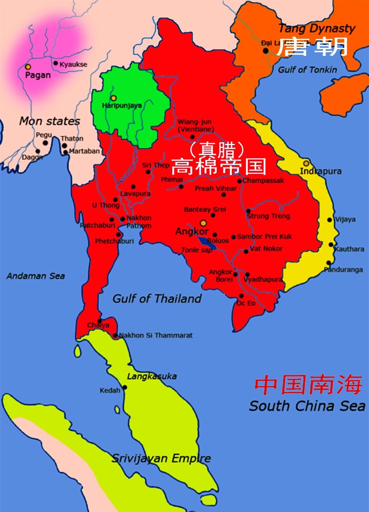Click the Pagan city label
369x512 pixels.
pos(38,75)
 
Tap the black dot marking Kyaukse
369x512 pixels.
pos(56,63)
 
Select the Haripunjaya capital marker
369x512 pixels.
pos(114,98)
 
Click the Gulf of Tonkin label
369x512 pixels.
pos(307,70)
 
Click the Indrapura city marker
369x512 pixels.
pos(306,163)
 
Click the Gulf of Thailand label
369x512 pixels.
pos(157,299)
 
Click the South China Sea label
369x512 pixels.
pos(307,406)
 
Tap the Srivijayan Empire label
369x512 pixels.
pos(161,458)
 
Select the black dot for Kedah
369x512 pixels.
pos(125,387)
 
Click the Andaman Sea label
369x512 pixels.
pos(36,276)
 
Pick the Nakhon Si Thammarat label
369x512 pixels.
pos(156,335)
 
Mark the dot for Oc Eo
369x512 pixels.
pos(241,296)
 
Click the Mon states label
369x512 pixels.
pos(50,121)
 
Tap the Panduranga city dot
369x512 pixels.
pos(328,263)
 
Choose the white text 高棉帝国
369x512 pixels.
pos(219,166)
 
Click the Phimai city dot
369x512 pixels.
pos(181,187)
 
